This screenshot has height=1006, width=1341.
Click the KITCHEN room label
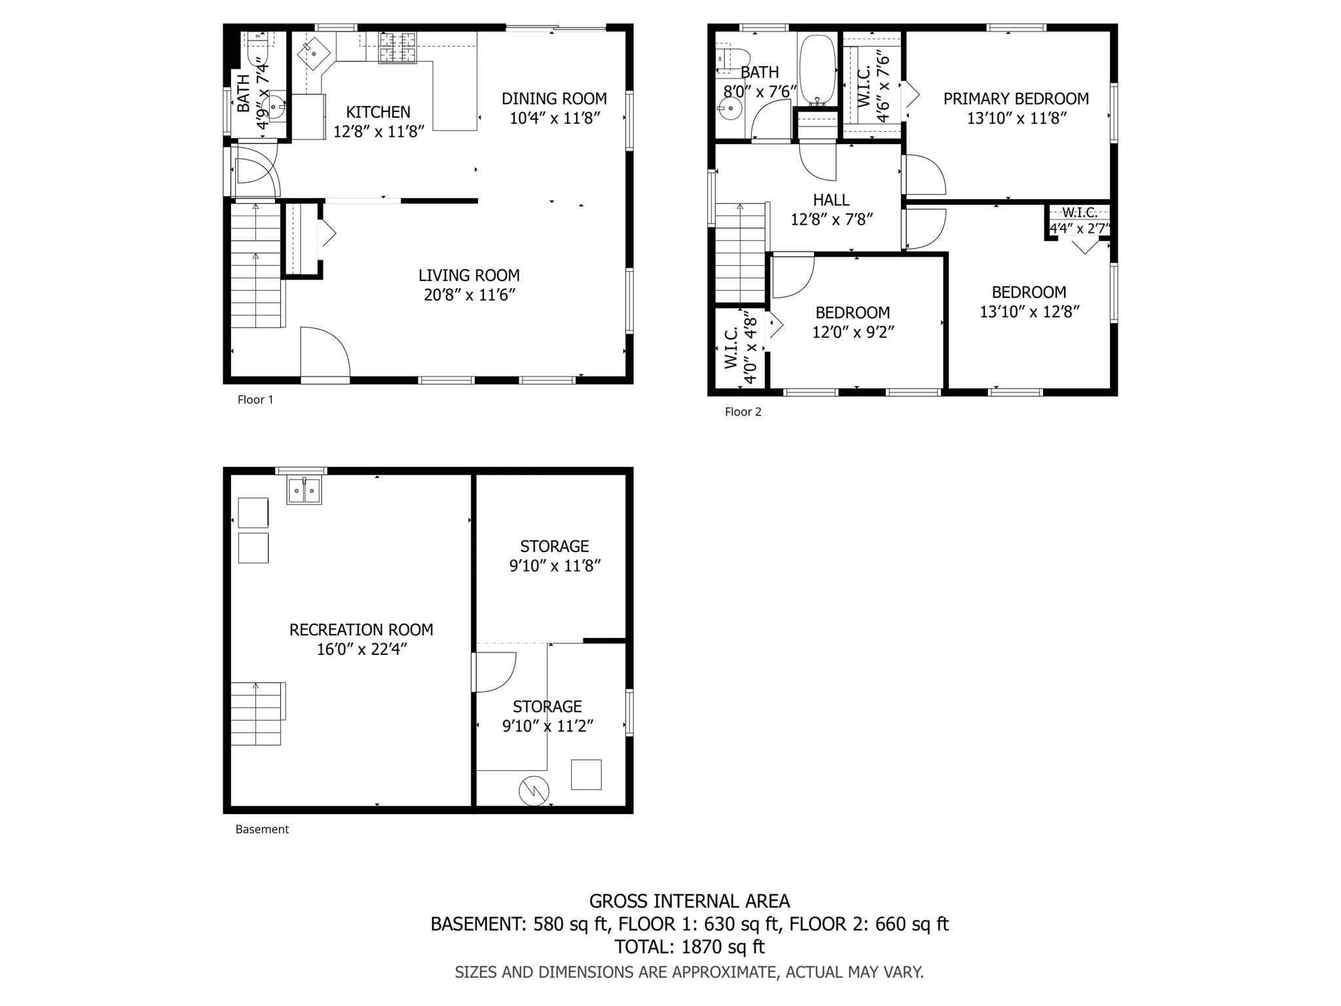coord(378,112)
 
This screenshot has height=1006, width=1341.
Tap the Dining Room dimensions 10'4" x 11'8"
coord(555,119)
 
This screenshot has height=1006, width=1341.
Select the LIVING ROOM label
coord(469,276)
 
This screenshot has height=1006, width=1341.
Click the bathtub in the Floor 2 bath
coord(817,69)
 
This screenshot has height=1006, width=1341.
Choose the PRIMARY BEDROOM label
coord(1016,99)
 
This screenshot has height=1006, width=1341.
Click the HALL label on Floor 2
coord(831,200)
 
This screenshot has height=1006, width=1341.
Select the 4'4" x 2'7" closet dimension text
coord(1080,228)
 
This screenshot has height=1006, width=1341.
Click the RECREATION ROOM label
coord(361,629)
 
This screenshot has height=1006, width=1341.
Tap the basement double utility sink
coord(304,491)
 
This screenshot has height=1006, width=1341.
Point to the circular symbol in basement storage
coord(534,791)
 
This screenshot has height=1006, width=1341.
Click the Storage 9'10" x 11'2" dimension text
coord(547,726)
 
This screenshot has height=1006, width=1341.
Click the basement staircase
coord(257,713)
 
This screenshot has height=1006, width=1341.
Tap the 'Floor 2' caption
coord(743,412)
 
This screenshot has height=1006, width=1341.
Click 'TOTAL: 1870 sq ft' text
coord(689,947)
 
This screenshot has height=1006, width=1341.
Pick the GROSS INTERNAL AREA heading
coord(689,902)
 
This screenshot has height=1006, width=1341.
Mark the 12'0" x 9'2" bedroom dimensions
coord(853,333)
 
